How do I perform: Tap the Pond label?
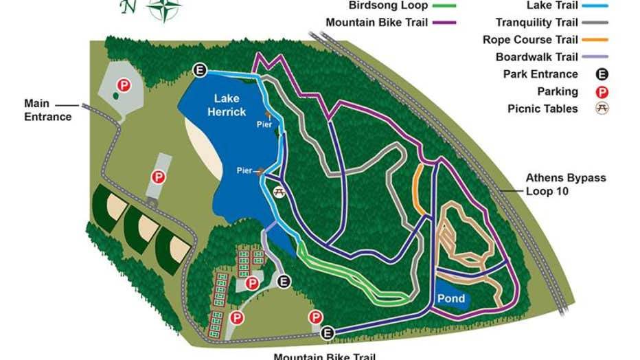[x=451, y=299]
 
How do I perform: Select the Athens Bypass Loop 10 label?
[x=566, y=184]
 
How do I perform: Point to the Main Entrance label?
[x=47, y=110]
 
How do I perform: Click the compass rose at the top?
[x=164, y=8]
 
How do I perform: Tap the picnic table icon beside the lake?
[x=279, y=190]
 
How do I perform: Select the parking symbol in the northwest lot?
[x=123, y=86]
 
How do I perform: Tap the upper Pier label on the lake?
[x=274, y=124]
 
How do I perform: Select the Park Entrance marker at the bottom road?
[x=328, y=333]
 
